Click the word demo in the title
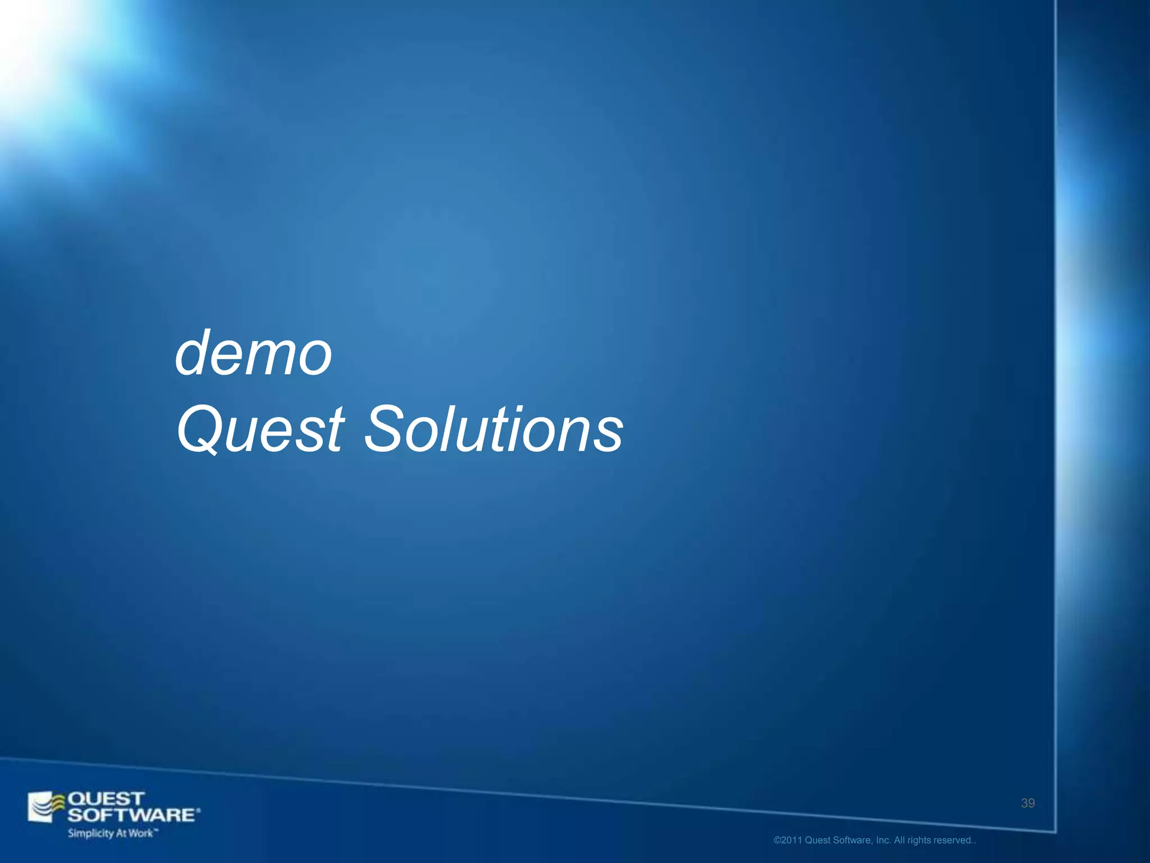coord(254,354)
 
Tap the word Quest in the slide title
coord(260,430)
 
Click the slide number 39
coord(1028,803)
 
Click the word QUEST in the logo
coord(106,799)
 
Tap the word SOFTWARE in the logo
coord(133,815)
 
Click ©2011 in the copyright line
coord(788,841)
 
